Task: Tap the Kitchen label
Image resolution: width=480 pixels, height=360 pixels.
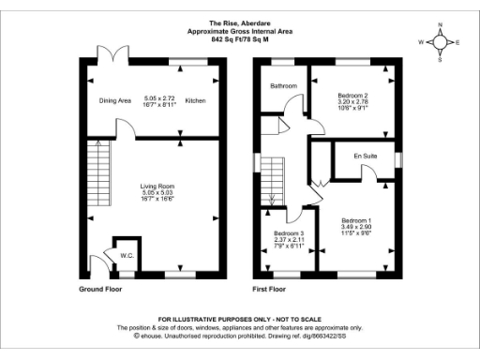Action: (194, 100)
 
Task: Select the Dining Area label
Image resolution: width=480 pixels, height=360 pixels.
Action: (115, 100)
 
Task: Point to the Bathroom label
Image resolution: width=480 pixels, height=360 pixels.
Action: (283, 86)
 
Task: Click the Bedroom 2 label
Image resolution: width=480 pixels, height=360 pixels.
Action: (353, 95)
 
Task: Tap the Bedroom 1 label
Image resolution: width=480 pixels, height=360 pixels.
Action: (356, 218)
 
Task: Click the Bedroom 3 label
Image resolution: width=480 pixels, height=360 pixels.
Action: (289, 232)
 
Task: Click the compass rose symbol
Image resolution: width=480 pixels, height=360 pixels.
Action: (444, 42)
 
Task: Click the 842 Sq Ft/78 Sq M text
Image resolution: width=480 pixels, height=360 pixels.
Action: (240, 38)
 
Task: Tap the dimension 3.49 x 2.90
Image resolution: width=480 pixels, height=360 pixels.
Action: (356, 226)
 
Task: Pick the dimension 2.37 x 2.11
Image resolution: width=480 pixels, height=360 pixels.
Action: (289, 240)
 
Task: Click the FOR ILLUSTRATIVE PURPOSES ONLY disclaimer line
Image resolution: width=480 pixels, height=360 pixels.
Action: (240, 320)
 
